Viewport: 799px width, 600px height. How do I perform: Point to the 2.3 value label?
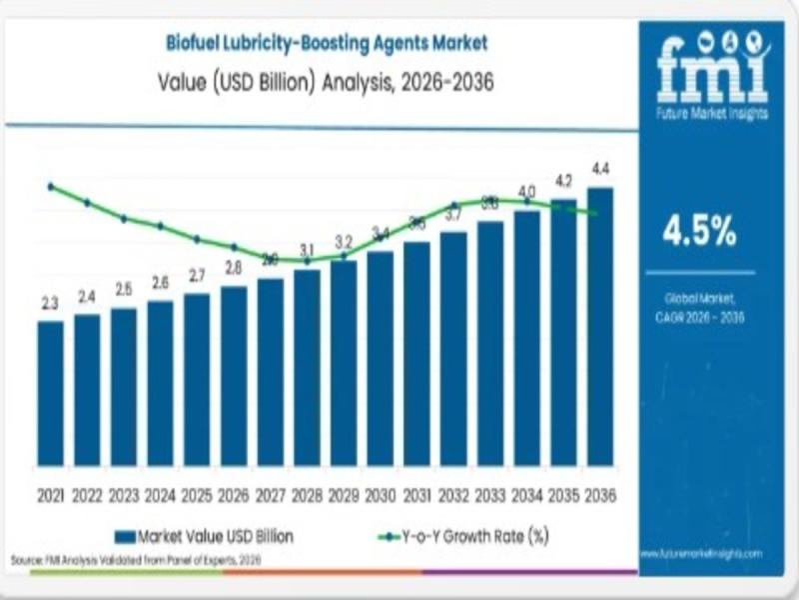(x=50, y=303)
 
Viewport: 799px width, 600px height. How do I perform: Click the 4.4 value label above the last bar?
(x=601, y=168)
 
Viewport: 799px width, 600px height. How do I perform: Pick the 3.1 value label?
(x=308, y=250)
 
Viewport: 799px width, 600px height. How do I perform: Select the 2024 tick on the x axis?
(x=160, y=495)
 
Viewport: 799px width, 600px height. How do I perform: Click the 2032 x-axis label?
(x=453, y=495)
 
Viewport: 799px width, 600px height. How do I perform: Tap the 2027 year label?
(x=270, y=495)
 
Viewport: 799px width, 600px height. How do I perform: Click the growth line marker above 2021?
(x=50, y=186)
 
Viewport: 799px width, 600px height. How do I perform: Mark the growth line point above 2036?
(x=596, y=213)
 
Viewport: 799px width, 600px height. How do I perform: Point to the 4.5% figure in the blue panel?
(x=700, y=231)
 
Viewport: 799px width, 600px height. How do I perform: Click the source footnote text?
(x=135, y=562)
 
